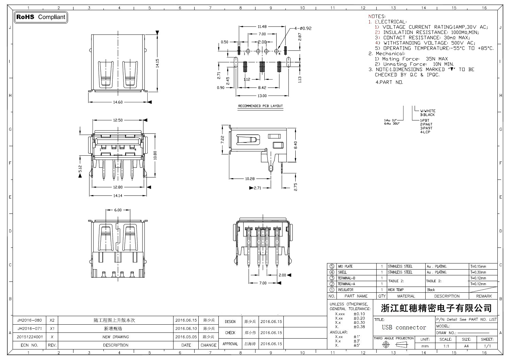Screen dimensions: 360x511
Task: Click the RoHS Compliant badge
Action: pyautogui.click(x=41, y=17)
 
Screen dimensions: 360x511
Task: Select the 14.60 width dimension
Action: pyautogui.click(x=118, y=102)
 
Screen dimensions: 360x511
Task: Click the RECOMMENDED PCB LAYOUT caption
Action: pyautogui.click(x=260, y=106)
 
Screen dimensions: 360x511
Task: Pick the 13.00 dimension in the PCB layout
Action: pyautogui.click(x=262, y=96)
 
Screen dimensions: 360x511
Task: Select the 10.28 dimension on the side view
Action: pyautogui.click(x=250, y=179)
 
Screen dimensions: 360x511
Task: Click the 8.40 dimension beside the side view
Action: pyautogui.click(x=295, y=145)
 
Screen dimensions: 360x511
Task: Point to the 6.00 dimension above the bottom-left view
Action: pyautogui.click(x=118, y=210)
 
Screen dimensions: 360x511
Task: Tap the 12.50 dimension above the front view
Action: pyautogui.click(x=118, y=120)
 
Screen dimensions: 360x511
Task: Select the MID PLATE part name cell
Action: pyautogui.click(x=345, y=267)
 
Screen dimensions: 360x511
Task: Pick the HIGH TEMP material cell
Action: pyautogui.click(x=396, y=290)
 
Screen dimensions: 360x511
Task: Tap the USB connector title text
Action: pyautogui.click(x=404, y=328)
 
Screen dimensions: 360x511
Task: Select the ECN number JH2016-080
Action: pyautogui.click(x=30, y=320)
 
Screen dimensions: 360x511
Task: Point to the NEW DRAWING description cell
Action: pyautogui.click(x=116, y=337)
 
